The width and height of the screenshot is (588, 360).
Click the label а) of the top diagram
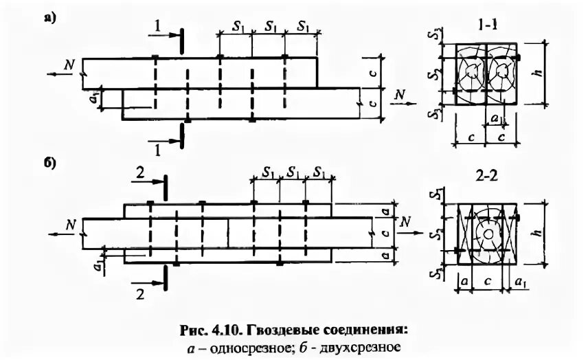[x=49, y=19]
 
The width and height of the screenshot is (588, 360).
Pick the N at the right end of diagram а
[x=397, y=94]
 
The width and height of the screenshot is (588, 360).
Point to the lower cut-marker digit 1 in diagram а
[x=159, y=146]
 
